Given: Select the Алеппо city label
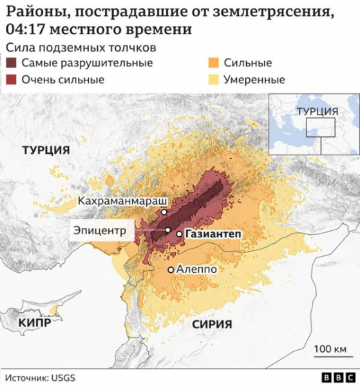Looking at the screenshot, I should [196, 270].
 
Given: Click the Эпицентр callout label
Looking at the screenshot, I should [99, 230].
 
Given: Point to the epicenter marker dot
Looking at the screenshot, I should [167, 230].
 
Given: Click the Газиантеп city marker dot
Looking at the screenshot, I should [179, 234].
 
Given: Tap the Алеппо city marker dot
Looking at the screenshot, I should [170, 270].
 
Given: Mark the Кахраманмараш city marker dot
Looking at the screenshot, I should [164, 212].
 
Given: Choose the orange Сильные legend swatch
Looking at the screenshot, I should [214, 63].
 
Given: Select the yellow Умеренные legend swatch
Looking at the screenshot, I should [214, 80].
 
